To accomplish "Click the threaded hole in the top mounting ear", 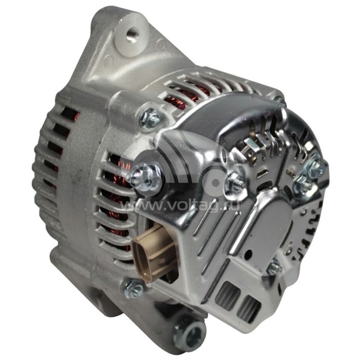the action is (x=133, y=35).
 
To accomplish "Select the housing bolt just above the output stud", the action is (x=150, y=119).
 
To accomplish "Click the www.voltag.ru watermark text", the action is (x=180, y=206).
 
